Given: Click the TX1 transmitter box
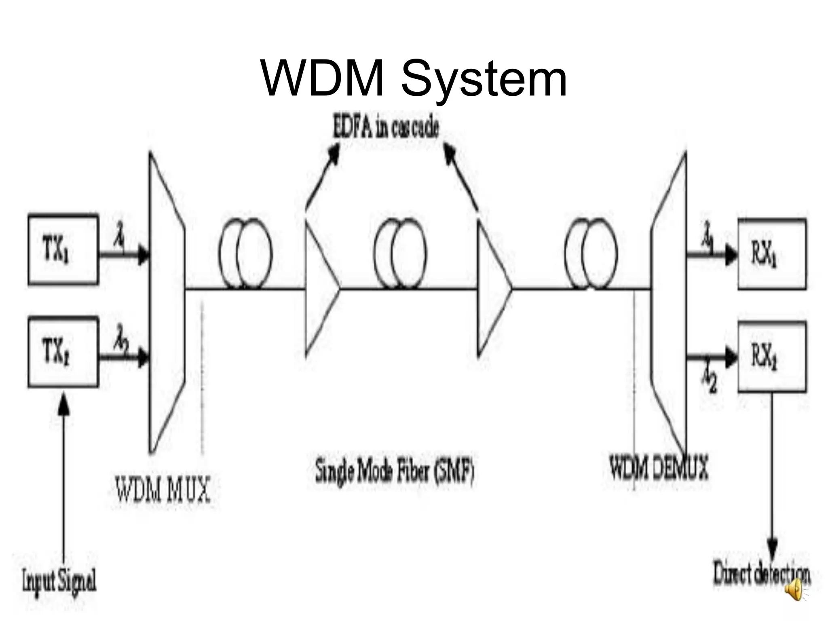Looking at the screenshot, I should click(x=63, y=249).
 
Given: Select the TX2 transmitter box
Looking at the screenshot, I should click(x=63, y=352).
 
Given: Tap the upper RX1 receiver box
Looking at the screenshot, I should click(x=772, y=254).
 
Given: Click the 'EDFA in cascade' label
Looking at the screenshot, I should click(x=385, y=129).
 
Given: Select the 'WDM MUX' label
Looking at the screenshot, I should click(x=163, y=490).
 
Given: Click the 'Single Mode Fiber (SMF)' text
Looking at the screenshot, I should click(x=394, y=471).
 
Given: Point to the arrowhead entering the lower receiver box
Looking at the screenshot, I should click(x=731, y=357).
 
